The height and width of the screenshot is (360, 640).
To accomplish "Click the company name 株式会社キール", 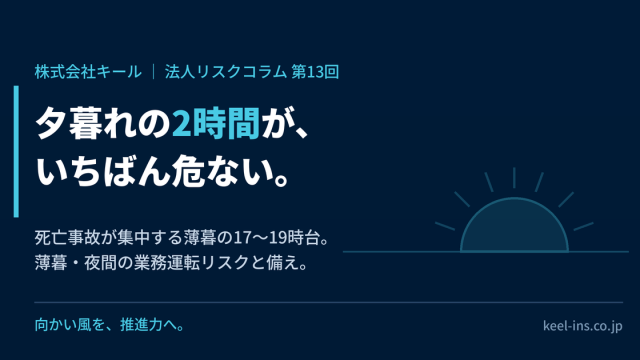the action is (x=88, y=72).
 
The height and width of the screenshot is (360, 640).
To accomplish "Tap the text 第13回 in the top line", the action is (x=315, y=72).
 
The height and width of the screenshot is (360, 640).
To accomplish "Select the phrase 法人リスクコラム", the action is (x=226, y=72).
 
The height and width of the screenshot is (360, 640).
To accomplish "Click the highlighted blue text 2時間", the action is (x=216, y=123).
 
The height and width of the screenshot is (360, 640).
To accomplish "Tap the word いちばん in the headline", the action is (x=103, y=171).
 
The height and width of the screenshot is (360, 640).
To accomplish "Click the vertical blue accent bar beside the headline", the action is (x=16, y=151).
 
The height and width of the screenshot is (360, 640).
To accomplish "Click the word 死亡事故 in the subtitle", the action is (x=67, y=238).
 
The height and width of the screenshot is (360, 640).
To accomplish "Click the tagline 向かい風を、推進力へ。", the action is (x=110, y=325).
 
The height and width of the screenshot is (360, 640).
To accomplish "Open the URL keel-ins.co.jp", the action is (x=582, y=326).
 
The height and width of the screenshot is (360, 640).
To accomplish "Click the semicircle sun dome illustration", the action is (x=514, y=225).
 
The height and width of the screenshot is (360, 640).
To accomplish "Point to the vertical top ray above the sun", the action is (x=514, y=178).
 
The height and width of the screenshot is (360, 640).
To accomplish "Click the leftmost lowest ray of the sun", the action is (x=445, y=227).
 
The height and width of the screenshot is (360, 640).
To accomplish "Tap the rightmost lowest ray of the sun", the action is (x=584, y=227).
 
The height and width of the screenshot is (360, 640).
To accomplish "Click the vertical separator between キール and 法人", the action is (x=153, y=72).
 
